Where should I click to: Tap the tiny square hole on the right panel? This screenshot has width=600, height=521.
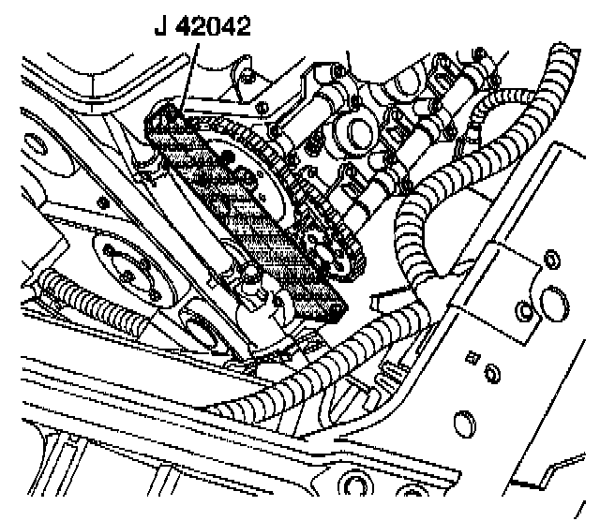click(471, 356)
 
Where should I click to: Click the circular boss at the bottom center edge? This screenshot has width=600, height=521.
click(354, 487)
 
